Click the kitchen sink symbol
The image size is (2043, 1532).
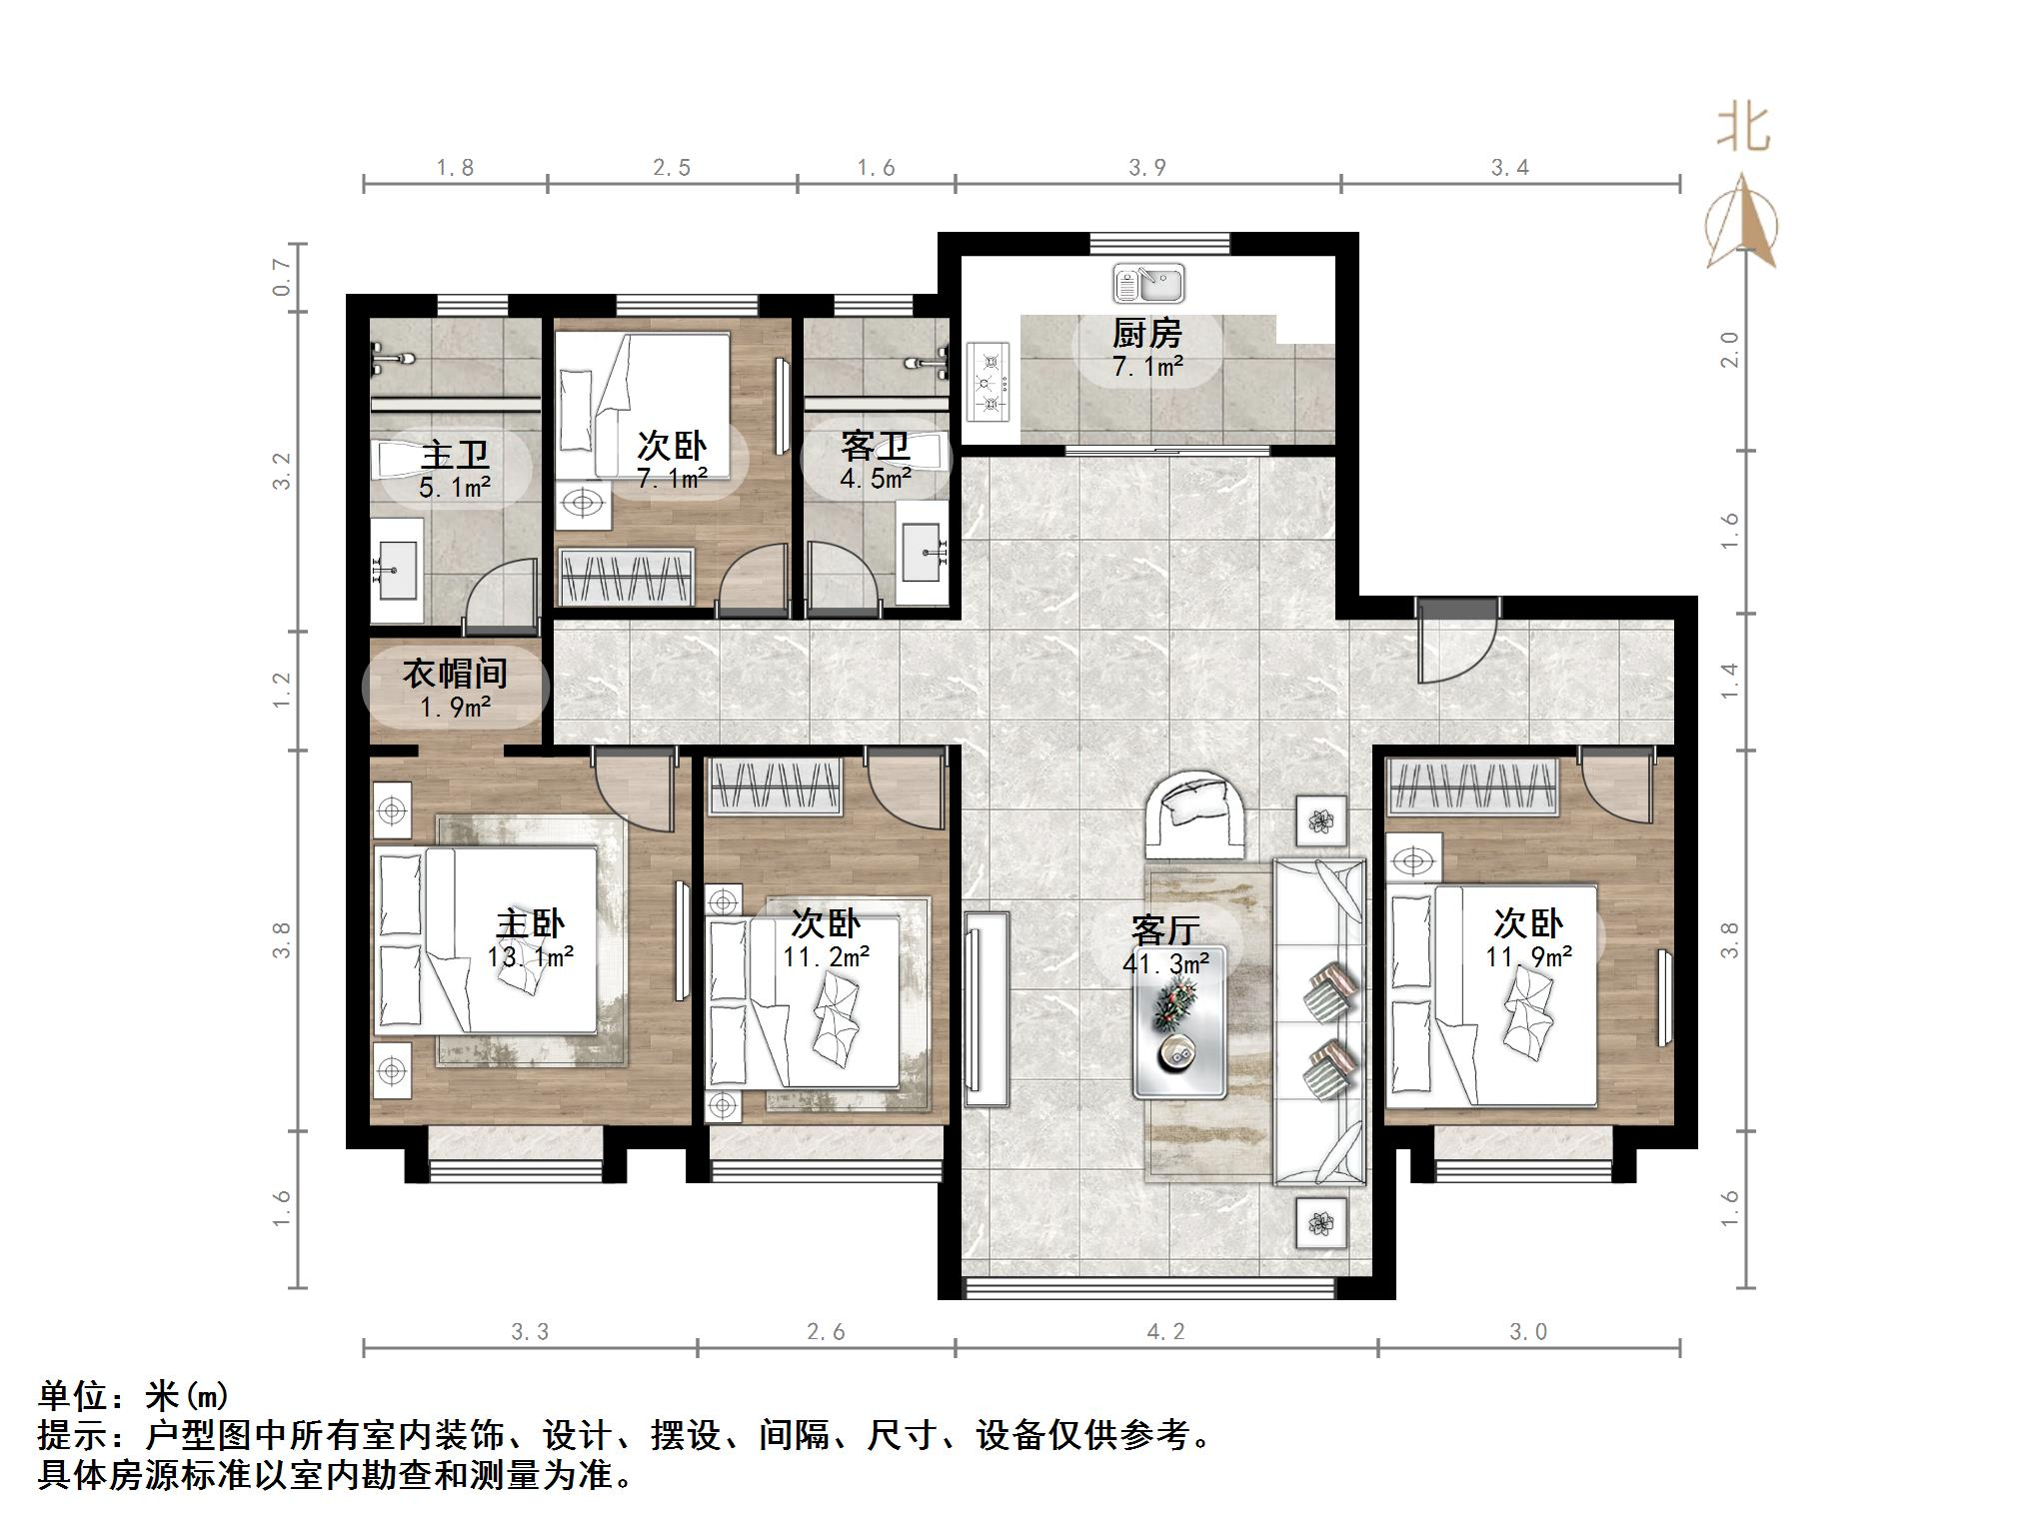(x=1148, y=284)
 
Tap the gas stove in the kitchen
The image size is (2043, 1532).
(x=989, y=382)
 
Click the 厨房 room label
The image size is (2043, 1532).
(x=1147, y=333)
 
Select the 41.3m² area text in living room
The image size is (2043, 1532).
(x=1165, y=963)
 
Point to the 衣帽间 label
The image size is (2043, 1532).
(x=455, y=674)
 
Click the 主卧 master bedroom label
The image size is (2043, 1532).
(x=530, y=924)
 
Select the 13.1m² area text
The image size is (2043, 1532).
(x=530, y=957)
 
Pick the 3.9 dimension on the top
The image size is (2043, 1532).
(x=1147, y=168)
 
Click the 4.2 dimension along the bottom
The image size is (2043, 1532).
(x=1165, y=1331)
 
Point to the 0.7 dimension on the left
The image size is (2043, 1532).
(x=282, y=277)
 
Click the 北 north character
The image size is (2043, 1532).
(x=1744, y=128)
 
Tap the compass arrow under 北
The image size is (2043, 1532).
(x=1741, y=223)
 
